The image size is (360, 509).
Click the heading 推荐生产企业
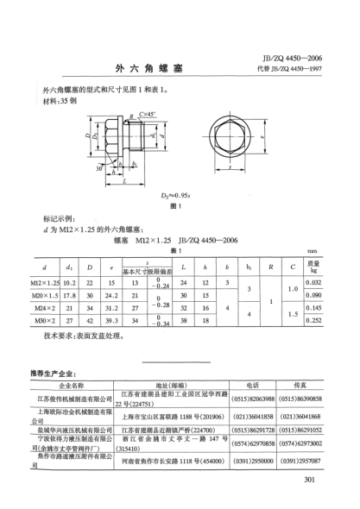pos(53,374)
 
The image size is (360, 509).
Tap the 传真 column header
pos(301,386)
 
